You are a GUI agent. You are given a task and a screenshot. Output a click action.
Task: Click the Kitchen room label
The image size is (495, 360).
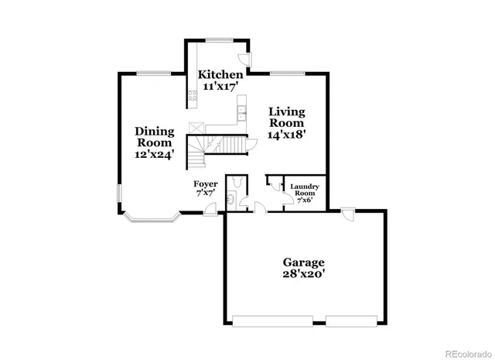pyautogui.click(x=220, y=74)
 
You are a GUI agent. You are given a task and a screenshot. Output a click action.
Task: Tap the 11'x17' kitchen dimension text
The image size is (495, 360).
pyautogui.click(x=220, y=87)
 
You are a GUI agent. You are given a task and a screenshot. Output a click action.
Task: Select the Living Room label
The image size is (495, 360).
pyautogui.click(x=286, y=118)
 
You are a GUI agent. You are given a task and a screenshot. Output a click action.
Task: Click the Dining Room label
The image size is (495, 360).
pyautogui.click(x=155, y=136)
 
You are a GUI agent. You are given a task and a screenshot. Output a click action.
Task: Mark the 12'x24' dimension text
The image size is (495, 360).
pyautogui.click(x=155, y=153)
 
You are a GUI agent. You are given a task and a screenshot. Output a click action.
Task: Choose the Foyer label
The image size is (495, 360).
pyautogui.click(x=205, y=183)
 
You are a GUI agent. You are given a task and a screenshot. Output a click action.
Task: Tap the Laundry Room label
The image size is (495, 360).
pyautogui.click(x=305, y=190)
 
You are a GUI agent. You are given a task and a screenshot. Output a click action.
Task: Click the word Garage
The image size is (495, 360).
pyautogui.click(x=302, y=262)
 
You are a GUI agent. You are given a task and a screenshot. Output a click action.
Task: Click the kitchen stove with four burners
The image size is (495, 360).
pyautogui.click(x=190, y=98)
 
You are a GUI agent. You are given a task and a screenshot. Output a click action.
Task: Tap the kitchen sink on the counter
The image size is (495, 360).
pyautogui.click(x=241, y=114)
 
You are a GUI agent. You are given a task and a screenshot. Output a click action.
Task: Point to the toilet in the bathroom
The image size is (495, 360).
pyautogui.click(x=242, y=183)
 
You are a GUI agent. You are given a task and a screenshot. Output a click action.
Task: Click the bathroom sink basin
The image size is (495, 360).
pyautogui.click(x=230, y=200)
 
